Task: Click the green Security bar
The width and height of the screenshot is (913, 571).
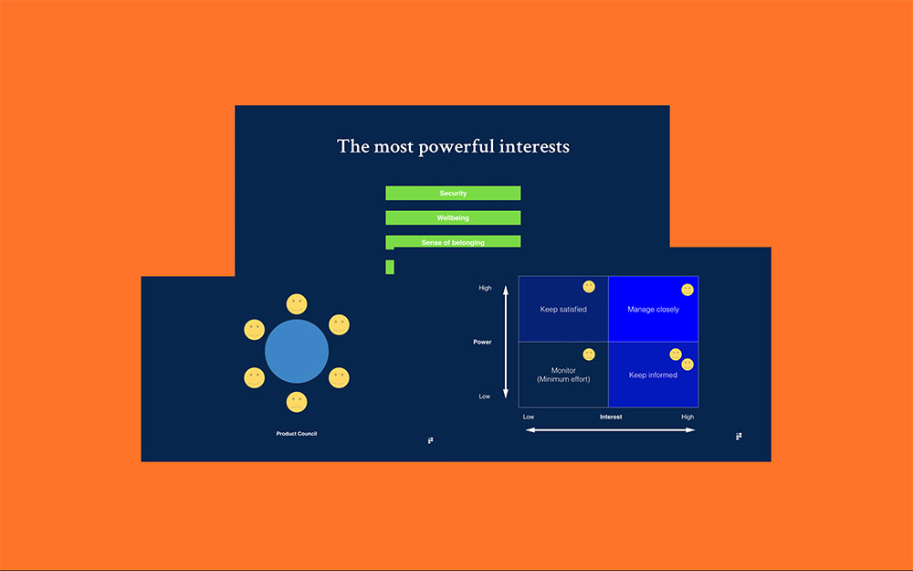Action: pyautogui.click(x=453, y=193)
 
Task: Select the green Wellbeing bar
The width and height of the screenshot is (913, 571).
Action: pyautogui.click(x=453, y=218)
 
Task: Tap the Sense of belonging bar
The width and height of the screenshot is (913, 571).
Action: pyautogui.click(x=453, y=241)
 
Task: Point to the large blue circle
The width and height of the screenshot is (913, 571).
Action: pyautogui.click(x=297, y=352)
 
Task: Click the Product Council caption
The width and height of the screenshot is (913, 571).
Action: pyautogui.click(x=297, y=433)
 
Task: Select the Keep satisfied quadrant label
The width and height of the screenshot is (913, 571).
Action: pyautogui.click(x=563, y=310)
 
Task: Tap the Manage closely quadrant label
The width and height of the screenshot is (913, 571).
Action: pyautogui.click(x=654, y=310)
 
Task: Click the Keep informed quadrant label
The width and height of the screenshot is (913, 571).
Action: pyautogui.click(x=654, y=375)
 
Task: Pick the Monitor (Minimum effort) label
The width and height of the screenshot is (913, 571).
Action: pyautogui.click(x=563, y=375)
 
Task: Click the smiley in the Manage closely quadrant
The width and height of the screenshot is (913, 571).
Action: pyautogui.click(x=687, y=290)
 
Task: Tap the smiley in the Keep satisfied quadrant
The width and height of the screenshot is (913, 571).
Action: pyautogui.click(x=589, y=287)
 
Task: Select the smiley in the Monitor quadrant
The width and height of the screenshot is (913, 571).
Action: pyautogui.click(x=589, y=354)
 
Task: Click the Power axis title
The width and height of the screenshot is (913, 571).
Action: pyautogui.click(x=482, y=342)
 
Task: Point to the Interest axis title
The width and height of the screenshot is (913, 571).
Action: pyautogui.click(x=611, y=417)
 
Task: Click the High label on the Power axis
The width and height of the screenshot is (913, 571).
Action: pyautogui.click(x=485, y=288)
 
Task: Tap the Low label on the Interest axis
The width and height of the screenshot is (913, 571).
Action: pyautogui.click(x=529, y=417)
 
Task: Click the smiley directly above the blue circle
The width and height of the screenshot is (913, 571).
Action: pyautogui.click(x=297, y=304)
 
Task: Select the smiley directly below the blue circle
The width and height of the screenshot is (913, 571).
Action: pyautogui.click(x=297, y=402)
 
